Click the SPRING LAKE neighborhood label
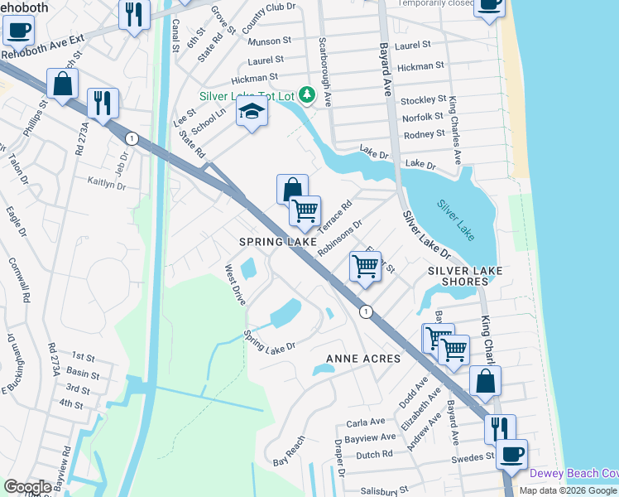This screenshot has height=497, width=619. (278, 241)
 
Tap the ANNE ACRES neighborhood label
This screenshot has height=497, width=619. (363, 359)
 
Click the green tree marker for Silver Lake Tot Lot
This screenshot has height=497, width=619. (307, 97)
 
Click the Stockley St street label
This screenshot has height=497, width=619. (424, 99)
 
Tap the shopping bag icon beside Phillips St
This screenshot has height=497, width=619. (62, 84)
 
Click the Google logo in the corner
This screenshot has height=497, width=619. (26, 486)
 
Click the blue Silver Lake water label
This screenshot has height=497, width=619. (457, 220)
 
